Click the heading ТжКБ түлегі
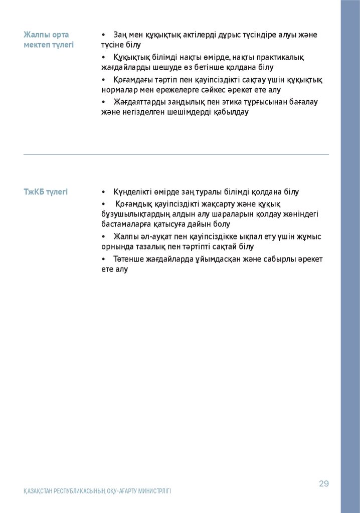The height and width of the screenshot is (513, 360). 46,192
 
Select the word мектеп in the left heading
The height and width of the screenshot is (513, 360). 35,45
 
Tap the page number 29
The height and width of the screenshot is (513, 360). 323,483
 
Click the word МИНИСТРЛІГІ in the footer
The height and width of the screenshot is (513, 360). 152,491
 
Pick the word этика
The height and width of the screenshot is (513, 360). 232,102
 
